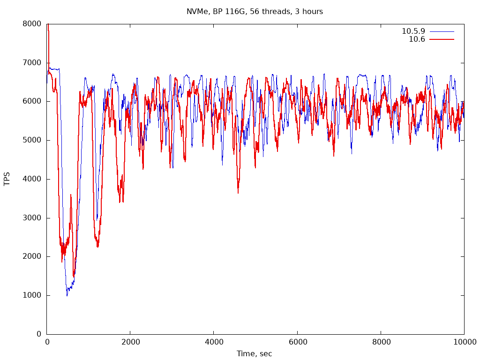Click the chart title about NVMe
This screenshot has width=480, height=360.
255,11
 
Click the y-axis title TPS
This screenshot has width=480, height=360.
7,179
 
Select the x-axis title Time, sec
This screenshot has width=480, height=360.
254,354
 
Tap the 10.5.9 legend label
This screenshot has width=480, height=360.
413,31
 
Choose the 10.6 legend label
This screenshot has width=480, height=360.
417,39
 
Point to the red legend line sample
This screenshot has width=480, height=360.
442,39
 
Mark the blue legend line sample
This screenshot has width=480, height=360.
442,31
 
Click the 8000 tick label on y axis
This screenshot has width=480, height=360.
32,24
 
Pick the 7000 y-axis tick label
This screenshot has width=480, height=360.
32,63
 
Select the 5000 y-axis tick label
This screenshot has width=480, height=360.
32,140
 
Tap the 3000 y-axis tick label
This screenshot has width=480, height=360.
32,218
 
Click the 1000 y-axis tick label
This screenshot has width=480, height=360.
32,295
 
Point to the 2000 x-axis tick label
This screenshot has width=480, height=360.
130,342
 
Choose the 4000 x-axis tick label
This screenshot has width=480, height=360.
214,342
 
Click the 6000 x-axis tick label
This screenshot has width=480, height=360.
297,342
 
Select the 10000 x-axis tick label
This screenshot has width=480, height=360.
464,342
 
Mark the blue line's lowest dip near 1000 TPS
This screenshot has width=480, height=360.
67,295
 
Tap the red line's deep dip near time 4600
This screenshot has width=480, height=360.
238,192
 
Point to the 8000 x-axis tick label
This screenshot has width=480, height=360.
381,342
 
